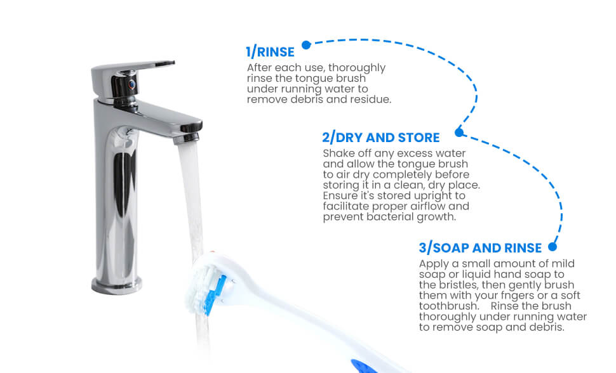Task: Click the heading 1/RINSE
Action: tap(270, 52)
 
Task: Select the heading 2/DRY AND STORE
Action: tap(380, 138)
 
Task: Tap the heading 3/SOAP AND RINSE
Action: tap(480, 248)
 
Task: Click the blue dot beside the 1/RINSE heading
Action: tap(307, 45)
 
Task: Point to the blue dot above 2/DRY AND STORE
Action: tap(459, 133)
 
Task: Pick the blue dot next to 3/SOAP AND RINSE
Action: tap(552, 247)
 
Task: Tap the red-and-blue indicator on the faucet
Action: tap(132, 84)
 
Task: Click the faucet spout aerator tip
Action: tap(187, 138)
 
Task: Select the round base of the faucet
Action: tap(117, 285)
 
